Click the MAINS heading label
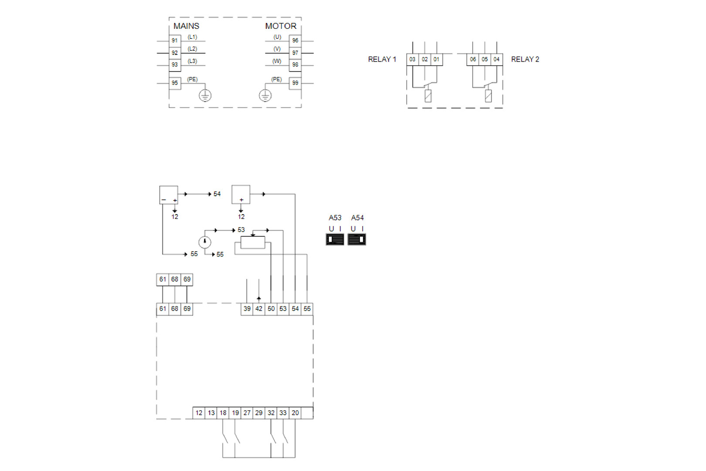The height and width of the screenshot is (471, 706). [x=186, y=26]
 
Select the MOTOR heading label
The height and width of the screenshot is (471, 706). [x=281, y=26]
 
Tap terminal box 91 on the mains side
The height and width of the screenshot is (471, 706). [x=175, y=41]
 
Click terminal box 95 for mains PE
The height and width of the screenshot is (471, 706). [x=175, y=83]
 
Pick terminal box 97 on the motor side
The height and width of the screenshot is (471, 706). [x=295, y=53]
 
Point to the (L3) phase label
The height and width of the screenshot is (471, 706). [x=192, y=61]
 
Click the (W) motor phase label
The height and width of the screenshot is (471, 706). [x=277, y=61]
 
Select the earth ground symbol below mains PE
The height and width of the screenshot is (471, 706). [x=205, y=96]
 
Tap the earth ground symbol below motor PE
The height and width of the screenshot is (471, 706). [x=265, y=96]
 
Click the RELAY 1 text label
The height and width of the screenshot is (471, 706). [x=382, y=59]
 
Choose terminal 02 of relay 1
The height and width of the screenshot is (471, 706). [x=424, y=59]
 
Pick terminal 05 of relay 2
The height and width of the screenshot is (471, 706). [x=485, y=59]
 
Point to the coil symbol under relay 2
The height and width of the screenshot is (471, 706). [x=488, y=96]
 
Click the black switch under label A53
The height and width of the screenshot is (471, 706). [x=335, y=239]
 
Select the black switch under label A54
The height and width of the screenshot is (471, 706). [x=357, y=239]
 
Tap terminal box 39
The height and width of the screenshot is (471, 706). [x=247, y=309]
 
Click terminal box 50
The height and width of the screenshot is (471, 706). [x=271, y=309]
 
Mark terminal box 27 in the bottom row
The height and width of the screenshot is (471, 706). [x=247, y=413]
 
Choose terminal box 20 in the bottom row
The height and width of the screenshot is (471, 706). [x=295, y=413]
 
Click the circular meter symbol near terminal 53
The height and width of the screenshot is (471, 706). [x=205, y=242]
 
